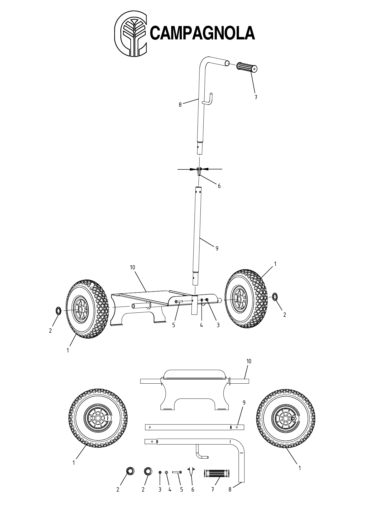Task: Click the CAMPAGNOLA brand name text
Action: pos(203,33)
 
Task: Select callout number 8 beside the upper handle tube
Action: pos(180,104)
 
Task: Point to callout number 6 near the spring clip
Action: pos(219,186)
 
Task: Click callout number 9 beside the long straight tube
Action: pos(217,249)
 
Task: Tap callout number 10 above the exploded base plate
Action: pos(132,267)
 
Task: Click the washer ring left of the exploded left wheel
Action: pos(58,310)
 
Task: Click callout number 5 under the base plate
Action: pos(174,325)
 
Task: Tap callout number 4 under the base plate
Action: pos(201,325)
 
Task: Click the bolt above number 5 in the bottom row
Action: pos(177,472)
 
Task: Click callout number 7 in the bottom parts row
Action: pos(213,490)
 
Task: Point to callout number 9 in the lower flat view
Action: pos(244,403)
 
